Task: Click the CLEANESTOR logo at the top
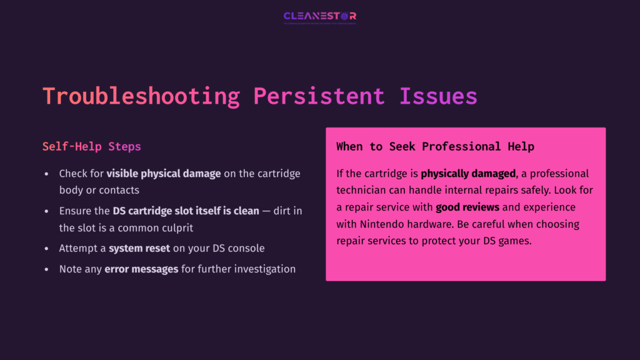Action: click(x=319, y=16)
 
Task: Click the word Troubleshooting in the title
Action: click(x=141, y=96)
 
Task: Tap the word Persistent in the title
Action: click(x=319, y=96)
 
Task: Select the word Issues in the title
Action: click(x=438, y=96)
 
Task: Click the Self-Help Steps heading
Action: click(x=92, y=147)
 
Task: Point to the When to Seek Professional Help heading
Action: click(x=435, y=147)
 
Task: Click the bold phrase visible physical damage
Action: click(x=164, y=174)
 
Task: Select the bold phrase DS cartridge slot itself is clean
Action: click(x=186, y=211)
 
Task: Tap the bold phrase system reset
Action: click(x=139, y=248)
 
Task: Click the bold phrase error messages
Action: click(x=137, y=269)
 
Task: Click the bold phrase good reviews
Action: click(x=467, y=207)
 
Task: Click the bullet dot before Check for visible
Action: click(x=46, y=174)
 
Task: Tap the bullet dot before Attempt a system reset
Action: click(x=46, y=248)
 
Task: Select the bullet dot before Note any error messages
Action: click(x=46, y=269)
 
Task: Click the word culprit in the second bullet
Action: click(x=176, y=228)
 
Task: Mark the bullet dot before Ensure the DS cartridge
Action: click(x=46, y=211)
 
